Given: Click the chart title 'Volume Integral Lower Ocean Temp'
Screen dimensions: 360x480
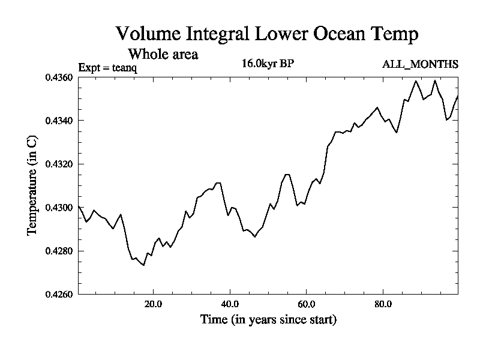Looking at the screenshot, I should (x=266, y=34).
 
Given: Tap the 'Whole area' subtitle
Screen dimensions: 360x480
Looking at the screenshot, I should (x=163, y=54).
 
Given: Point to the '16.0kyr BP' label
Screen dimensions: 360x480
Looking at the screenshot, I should (x=268, y=64).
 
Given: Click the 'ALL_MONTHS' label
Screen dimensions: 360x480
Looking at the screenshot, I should (x=420, y=64).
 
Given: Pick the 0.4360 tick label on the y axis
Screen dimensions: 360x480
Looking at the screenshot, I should (x=59, y=77).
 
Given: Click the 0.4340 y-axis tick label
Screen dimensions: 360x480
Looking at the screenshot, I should (x=59, y=121).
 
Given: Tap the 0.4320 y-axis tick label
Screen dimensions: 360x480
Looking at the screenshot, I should (x=59, y=164).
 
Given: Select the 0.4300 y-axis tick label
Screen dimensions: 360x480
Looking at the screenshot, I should (x=59, y=207).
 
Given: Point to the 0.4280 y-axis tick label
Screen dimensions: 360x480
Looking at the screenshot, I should (x=59, y=251).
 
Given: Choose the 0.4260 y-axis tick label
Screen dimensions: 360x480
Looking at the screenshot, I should (x=59, y=294).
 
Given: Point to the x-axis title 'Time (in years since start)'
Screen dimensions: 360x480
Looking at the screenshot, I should (x=268, y=320).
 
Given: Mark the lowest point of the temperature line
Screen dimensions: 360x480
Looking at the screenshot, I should (x=144, y=265).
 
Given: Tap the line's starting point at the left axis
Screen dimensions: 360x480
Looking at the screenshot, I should (x=79, y=206).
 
